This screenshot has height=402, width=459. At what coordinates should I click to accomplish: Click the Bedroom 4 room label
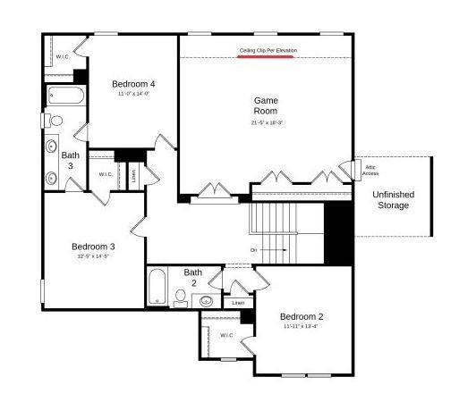point(133,84)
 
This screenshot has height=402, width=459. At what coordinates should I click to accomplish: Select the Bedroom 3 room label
point(94,247)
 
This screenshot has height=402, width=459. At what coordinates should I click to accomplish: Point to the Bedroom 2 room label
point(301,317)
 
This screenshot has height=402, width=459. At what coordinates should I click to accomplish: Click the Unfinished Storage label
point(392,200)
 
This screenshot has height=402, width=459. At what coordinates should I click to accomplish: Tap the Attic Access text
point(370,170)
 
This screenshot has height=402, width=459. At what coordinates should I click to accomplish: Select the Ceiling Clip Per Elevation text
point(268,50)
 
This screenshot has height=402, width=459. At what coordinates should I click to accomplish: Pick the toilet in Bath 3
point(55,120)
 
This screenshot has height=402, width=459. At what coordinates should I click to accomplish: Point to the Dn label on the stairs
point(254,250)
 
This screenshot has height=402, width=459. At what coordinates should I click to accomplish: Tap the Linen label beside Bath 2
point(237,303)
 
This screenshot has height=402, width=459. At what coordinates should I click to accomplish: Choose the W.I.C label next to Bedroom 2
point(227,335)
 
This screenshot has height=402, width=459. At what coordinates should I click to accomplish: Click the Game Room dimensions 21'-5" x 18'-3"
point(267,122)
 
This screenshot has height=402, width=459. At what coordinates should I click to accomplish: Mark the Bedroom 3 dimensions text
point(94,256)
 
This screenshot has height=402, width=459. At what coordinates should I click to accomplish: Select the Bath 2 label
point(193,277)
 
